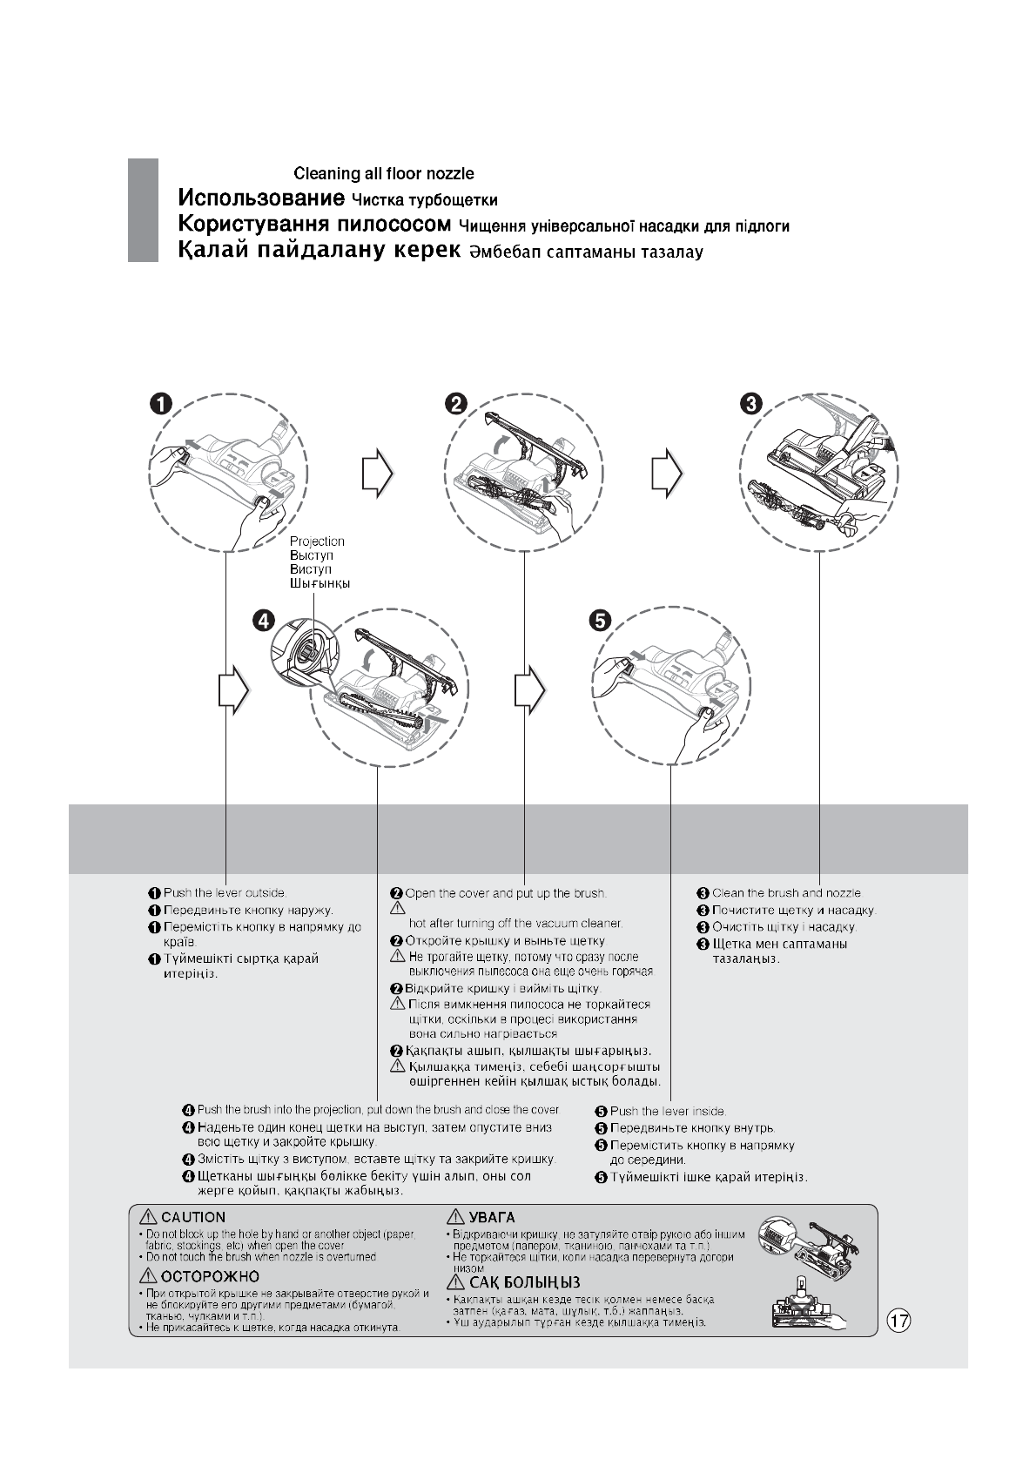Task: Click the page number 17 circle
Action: (899, 1321)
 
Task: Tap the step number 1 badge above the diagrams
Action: (159, 402)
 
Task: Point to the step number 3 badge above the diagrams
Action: (751, 402)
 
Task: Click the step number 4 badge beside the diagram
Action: (264, 620)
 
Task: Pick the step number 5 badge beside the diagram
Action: (601, 620)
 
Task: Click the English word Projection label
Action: (317, 541)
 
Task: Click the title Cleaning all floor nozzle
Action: (383, 174)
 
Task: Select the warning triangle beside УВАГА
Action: (455, 1217)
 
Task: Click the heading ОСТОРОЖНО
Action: (210, 1277)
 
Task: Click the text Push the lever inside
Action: (668, 1112)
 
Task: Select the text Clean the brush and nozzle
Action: (786, 893)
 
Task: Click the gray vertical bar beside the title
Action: (143, 210)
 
